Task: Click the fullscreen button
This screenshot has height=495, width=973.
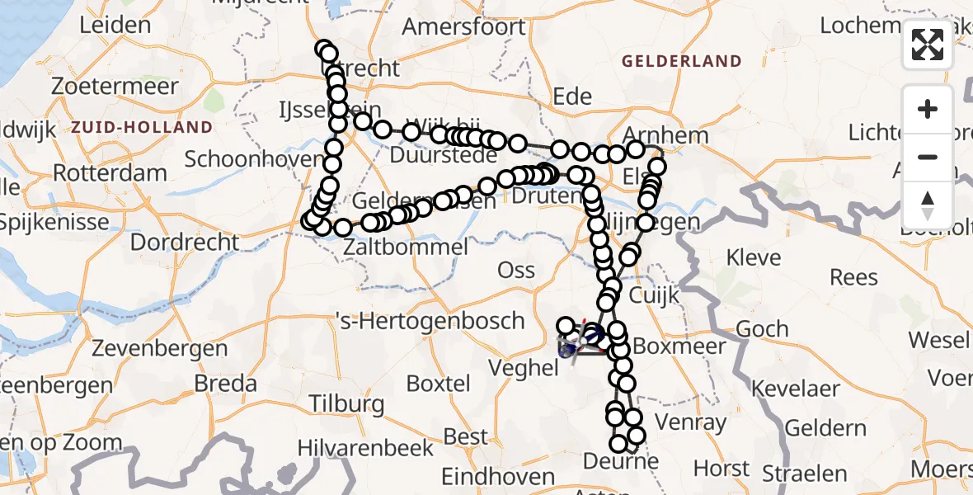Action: (928, 45)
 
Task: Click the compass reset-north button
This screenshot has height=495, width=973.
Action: (928, 205)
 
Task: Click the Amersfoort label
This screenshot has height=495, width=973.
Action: (463, 26)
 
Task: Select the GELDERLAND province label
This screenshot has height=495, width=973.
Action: (682, 61)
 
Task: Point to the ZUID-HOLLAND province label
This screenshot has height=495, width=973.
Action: (142, 127)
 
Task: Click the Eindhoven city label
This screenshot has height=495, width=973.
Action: (498, 477)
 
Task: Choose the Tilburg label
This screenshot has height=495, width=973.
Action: (346, 403)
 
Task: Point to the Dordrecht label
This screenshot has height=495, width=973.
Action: (185, 243)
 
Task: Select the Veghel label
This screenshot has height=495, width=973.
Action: (524, 369)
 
